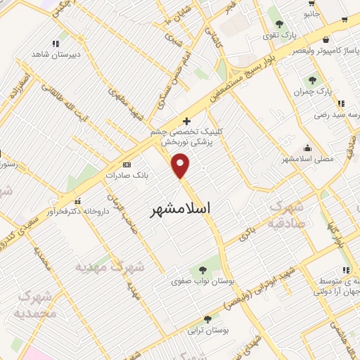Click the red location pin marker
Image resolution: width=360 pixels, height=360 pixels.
pyautogui.click(x=181, y=166)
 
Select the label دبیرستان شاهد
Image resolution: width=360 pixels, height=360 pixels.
pyautogui.click(x=56, y=54)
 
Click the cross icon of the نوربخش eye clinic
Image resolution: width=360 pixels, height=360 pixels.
pyautogui.click(x=186, y=121)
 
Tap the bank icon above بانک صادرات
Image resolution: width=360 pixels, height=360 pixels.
pyautogui.click(x=127, y=164)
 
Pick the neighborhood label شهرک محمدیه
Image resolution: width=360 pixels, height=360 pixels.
pyautogui.click(x=33, y=304)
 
